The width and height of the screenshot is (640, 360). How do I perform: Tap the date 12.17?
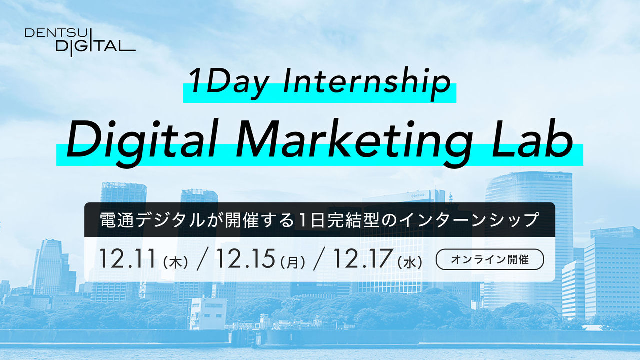(362, 259)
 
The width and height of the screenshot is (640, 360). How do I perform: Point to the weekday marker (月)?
(292, 262)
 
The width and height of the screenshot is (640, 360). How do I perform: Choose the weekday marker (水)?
(411, 262)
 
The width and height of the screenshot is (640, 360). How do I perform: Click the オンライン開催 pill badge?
(490, 259)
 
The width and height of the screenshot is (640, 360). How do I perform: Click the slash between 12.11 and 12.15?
(202, 260)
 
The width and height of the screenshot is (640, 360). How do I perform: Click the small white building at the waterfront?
(208, 312)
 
